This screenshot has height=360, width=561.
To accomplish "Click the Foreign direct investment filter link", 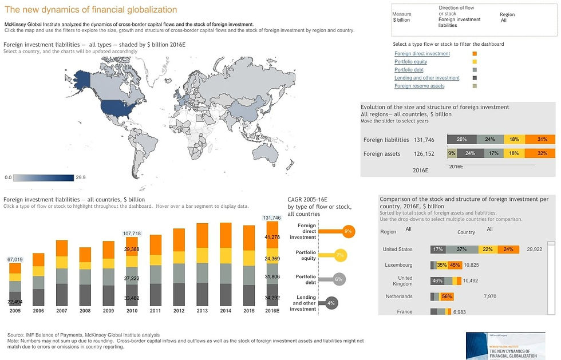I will pyautogui.click(x=422, y=54).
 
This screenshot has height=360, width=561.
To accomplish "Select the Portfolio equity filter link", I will pyautogui.click(x=410, y=62).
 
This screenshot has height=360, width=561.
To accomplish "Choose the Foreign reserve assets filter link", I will pyautogui.click(x=419, y=86).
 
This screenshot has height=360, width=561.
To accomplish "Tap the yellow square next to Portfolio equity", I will pyautogui.click(x=475, y=62).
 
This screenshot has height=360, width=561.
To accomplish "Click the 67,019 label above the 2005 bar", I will pyautogui.click(x=15, y=259).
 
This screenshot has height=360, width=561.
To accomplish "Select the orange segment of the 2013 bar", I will pyautogui.click(x=202, y=235).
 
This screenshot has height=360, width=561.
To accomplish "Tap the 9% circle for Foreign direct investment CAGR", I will pyautogui.click(x=347, y=231).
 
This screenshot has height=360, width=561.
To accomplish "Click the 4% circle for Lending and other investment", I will pyautogui.click(x=331, y=303).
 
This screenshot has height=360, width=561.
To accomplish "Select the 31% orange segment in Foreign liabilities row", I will pyautogui.click(x=543, y=139).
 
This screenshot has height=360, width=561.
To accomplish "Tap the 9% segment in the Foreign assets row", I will pyautogui.click(x=452, y=153).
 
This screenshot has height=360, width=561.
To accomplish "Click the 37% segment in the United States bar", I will pyautogui.click(x=461, y=249).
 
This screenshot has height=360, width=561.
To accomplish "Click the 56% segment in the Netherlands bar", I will pyautogui.click(x=447, y=296).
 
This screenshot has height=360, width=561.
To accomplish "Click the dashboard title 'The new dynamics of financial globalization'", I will pyautogui.click(x=90, y=10).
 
